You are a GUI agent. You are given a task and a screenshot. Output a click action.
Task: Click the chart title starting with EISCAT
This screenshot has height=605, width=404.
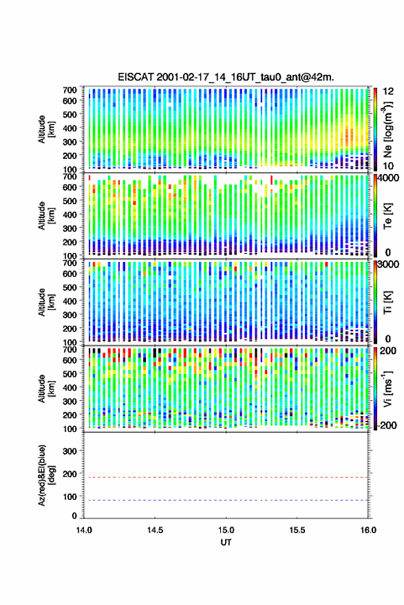226,77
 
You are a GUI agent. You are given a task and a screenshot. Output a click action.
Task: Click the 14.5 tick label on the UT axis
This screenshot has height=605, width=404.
155,530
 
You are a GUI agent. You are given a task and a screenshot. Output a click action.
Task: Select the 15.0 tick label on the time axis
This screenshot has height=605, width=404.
226,530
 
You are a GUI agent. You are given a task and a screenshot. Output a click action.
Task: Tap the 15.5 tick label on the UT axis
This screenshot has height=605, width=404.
297,530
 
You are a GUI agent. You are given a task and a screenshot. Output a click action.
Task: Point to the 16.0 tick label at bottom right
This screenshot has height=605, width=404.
368,530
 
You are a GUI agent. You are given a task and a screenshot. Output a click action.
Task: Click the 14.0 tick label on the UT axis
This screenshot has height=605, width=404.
84,530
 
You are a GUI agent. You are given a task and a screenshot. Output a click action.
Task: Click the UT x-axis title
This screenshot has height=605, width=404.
226,542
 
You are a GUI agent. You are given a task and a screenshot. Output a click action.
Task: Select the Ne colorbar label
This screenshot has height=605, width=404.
388,129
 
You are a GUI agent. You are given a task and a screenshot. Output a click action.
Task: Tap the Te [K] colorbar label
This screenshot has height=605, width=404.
387,216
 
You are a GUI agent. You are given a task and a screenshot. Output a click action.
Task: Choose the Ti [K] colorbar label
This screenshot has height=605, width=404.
387,302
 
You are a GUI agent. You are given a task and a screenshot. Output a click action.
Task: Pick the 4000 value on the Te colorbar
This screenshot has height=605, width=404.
389,178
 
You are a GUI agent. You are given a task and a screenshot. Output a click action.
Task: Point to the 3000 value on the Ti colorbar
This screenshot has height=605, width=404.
389,264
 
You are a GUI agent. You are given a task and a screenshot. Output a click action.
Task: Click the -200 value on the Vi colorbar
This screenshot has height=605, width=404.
387,425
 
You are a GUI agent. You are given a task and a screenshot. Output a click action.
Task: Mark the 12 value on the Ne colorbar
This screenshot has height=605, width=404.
389,91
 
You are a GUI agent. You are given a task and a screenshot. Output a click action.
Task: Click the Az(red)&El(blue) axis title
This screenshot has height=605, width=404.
46,475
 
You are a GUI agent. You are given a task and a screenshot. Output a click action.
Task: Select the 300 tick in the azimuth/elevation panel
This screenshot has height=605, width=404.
70,451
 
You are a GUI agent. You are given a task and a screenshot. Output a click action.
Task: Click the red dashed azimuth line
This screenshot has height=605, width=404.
226,477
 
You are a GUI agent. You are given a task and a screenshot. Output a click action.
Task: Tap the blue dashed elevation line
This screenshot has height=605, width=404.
226,500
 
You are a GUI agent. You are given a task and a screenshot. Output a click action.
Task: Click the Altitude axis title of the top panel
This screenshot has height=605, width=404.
46,129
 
